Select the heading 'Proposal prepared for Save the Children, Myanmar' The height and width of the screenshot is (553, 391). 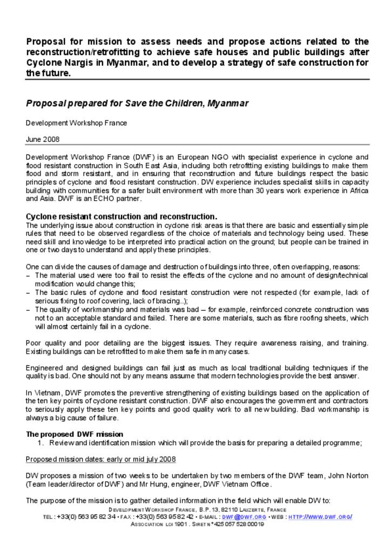point(137,103)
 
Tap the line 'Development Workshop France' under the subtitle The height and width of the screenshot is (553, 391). point(77,123)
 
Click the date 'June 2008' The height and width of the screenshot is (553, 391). point(43,139)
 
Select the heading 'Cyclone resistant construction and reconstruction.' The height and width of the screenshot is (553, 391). point(122,217)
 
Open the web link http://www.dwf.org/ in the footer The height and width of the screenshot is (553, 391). point(320,517)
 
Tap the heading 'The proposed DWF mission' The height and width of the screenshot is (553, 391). point(75,434)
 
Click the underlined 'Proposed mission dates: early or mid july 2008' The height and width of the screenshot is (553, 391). point(101,459)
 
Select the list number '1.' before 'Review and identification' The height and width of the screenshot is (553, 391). point(41,443)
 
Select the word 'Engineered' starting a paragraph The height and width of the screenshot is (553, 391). point(44,368)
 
